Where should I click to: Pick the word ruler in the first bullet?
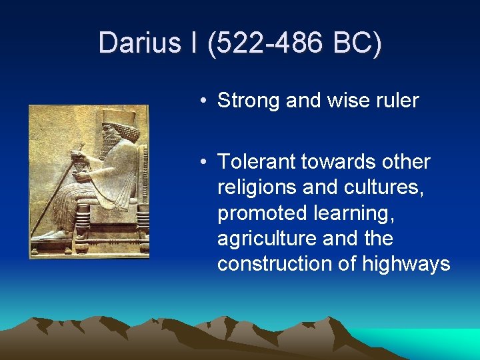tap(397, 101)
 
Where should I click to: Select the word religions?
tap(257, 187)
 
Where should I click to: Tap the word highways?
tap(406, 264)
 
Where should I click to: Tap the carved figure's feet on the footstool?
tap(53, 235)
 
